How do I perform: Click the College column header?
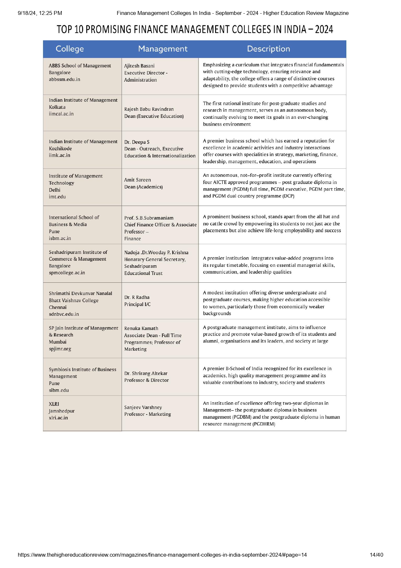(x=70, y=49)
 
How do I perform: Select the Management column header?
(x=163, y=49)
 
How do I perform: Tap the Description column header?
(x=268, y=49)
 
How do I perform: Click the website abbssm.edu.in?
(x=64, y=79)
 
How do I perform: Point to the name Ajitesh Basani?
(x=139, y=66)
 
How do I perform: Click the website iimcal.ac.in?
(x=61, y=114)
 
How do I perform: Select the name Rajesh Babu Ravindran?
(x=149, y=109)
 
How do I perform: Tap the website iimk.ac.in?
(x=60, y=155)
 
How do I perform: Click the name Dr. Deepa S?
(x=137, y=142)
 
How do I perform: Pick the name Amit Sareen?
(x=137, y=180)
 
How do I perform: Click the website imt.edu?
(x=57, y=197)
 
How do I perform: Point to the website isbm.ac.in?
(x=60, y=238)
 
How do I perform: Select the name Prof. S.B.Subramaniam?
(x=149, y=218)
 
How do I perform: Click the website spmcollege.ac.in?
(x=67, y=273)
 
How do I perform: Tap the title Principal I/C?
(x=137, y=304)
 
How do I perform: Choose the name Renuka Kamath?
(x=141, y=328)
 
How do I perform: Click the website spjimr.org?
(x=60, y=349)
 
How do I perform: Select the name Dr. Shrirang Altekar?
(x=146, y=373)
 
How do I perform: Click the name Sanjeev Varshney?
(x=143, y=407)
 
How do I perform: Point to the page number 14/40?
(x=376, y=555)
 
